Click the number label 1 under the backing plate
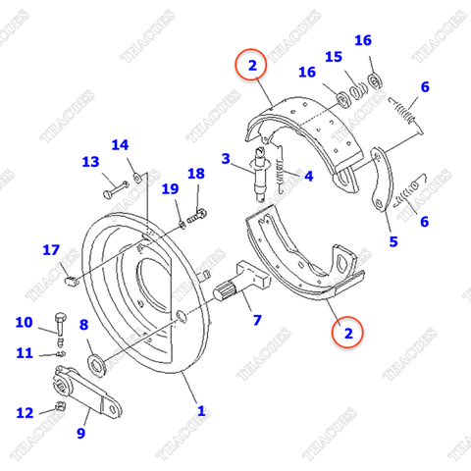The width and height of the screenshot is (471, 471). pos(201,411)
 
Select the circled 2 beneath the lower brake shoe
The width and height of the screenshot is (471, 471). pos(344,333)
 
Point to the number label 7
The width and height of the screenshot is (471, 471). pos(257,320)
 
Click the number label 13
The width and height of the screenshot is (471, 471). pos(90,162)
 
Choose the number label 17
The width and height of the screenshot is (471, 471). pos(51,250)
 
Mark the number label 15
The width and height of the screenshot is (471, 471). pos(334,57)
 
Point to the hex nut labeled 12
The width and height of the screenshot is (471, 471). pos(59,405)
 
